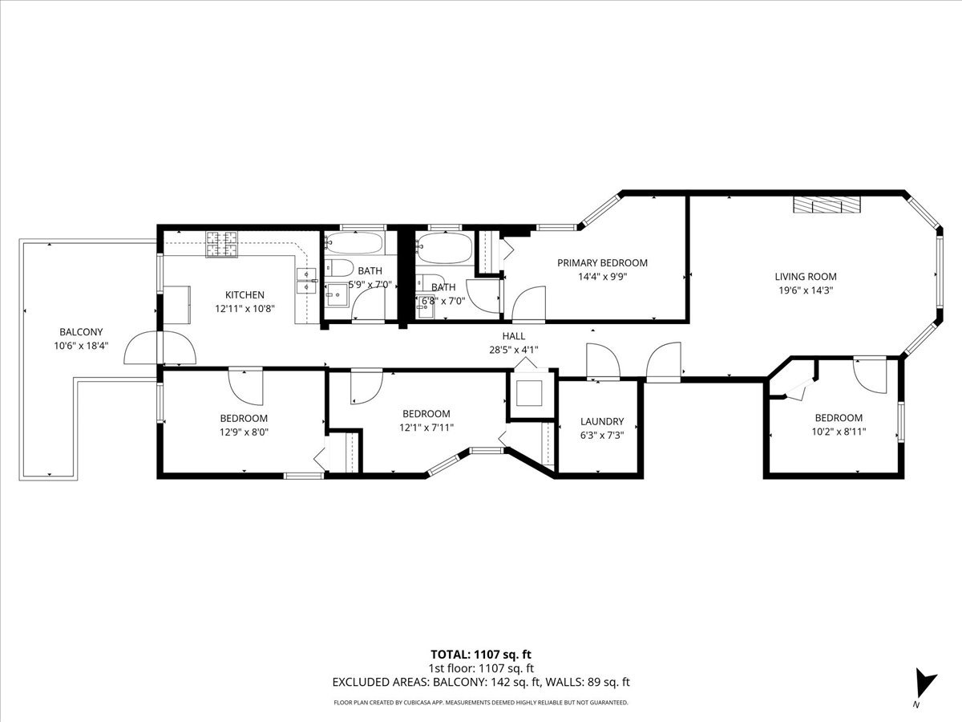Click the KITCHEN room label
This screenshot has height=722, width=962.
(x=245, y=294)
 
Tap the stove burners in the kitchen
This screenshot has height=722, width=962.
(x=221, y=244)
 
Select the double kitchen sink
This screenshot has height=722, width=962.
(x=307, y=281)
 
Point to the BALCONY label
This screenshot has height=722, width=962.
(x=81, y=332)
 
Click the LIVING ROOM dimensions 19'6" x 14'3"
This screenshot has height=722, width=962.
(x=806, y=290)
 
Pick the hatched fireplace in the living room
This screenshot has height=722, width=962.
(x=827, y=205)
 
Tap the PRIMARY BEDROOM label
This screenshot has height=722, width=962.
(x=602, y=263)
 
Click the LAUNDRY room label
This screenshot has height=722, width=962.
(x=602, y=421)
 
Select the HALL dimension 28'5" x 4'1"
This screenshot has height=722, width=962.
(x=514, y=350)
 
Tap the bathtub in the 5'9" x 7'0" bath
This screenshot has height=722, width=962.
(x=354, y=243)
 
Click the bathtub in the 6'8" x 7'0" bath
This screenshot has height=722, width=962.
(x=444, y=248)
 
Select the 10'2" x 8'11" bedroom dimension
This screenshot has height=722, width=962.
(x=839, y=432)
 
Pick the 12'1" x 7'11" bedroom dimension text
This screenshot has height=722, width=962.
(x=426, y=428)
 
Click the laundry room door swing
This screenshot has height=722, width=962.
(x=603, y=360)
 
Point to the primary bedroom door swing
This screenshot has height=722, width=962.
(x=528, y=303)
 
